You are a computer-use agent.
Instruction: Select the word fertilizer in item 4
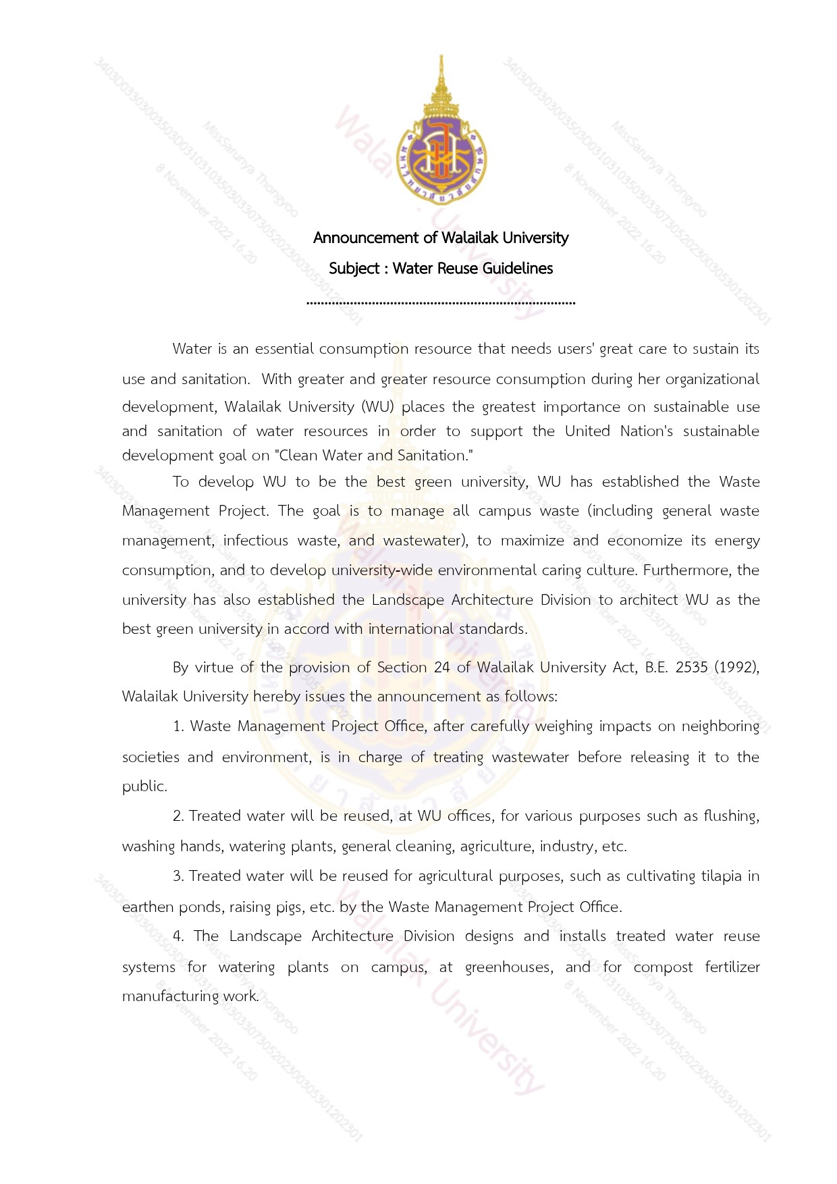click(732, 967)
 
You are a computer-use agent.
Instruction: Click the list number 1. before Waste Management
click(178, 726)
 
